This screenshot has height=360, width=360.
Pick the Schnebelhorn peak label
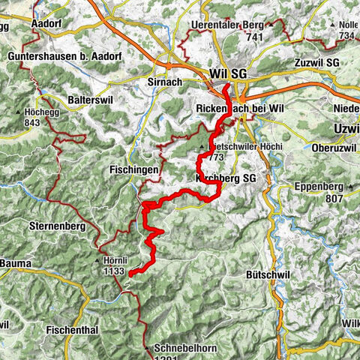[177, 349]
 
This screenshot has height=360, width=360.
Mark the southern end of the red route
[130, 274]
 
